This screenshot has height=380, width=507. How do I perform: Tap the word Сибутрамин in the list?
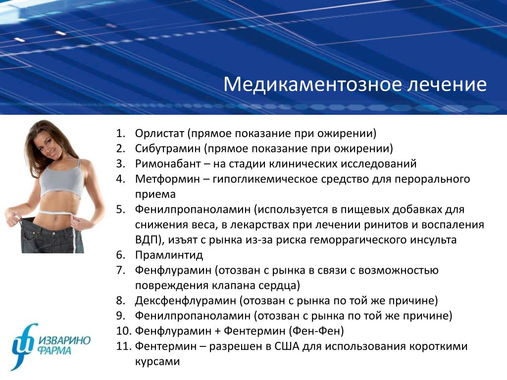point(168,148)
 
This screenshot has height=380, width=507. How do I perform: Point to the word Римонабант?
point(168,164)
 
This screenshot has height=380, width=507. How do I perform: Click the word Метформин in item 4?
point(167,179)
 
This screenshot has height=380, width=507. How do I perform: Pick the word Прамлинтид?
point(169,255)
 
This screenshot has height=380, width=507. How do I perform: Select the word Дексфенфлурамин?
point(186,300)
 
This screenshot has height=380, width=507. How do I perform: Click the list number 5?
point(121,209)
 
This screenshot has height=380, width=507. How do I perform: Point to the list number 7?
point(121,270)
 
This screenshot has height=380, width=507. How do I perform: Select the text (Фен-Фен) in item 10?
point(316,331)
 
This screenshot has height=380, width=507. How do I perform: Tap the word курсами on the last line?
point(157,361)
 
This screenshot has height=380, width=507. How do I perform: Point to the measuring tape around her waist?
point(57,213)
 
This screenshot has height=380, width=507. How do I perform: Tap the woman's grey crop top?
point(61,179)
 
